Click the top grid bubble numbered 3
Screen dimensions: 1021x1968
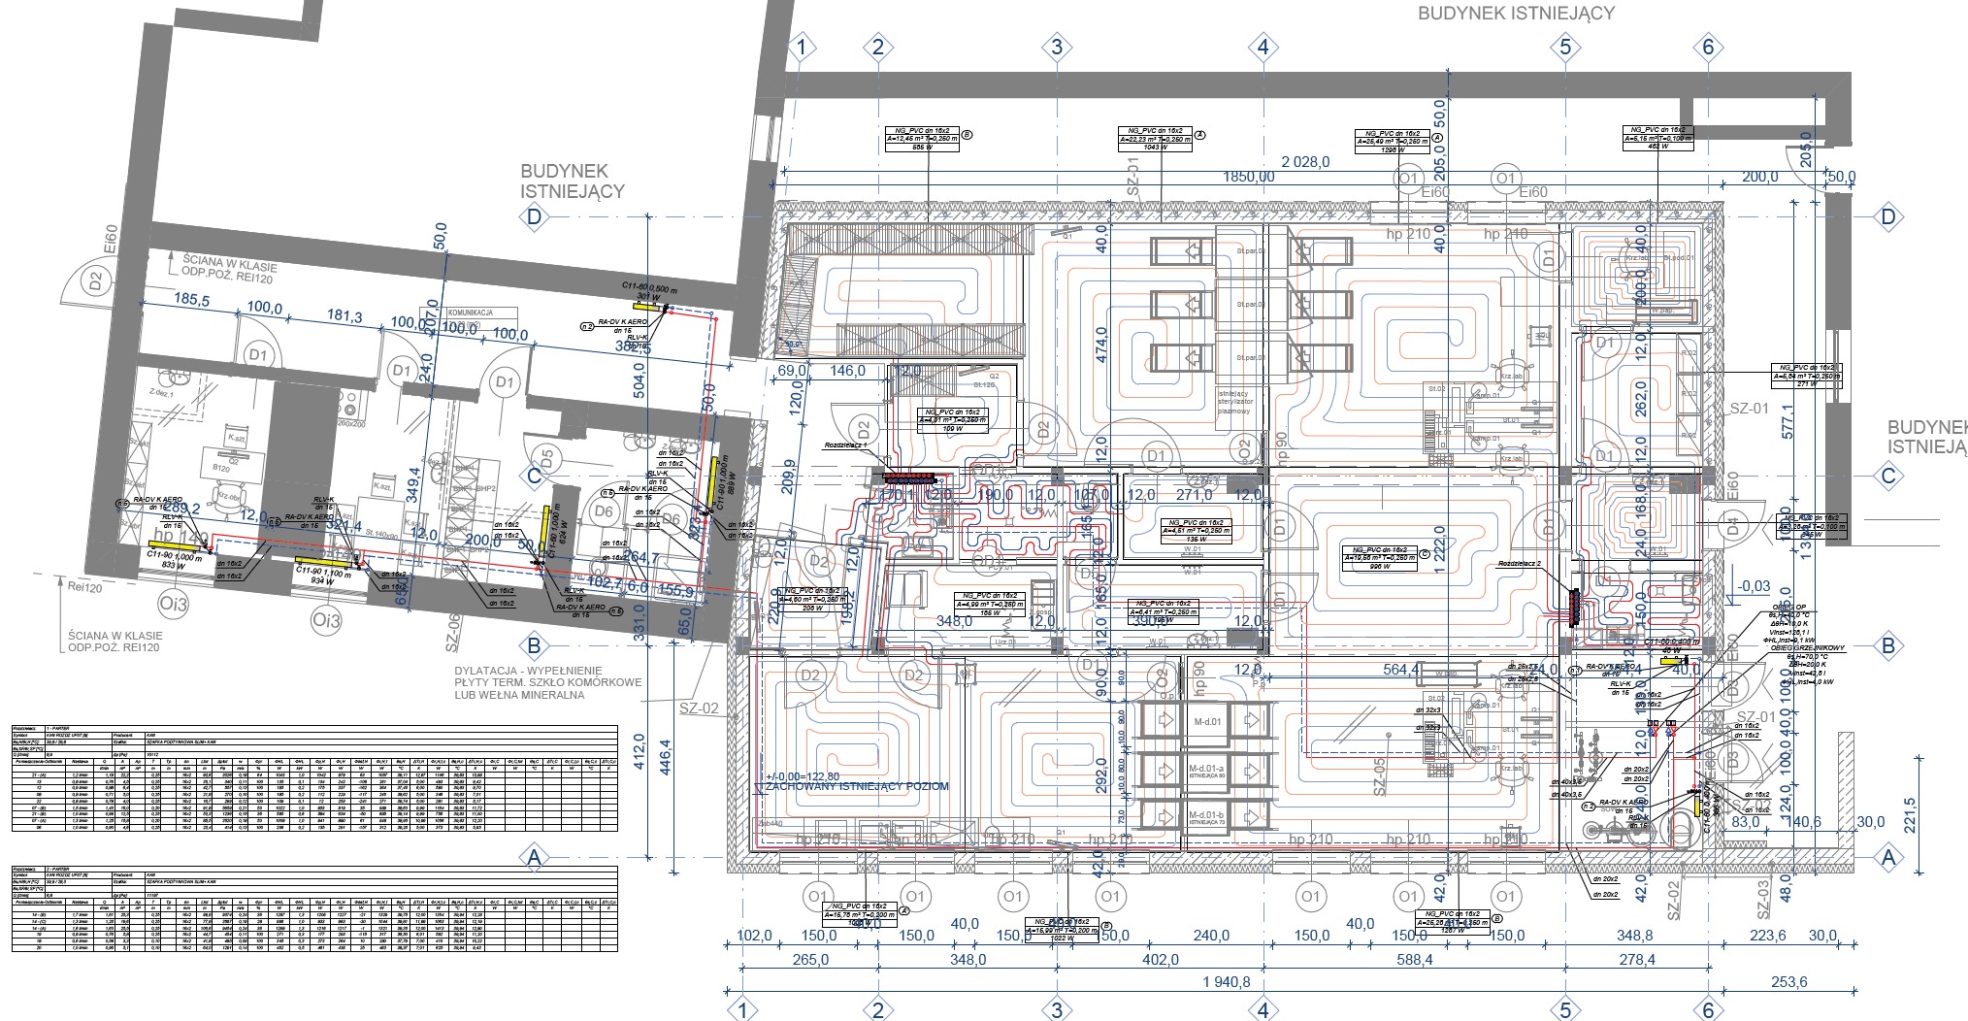pyautogui.click(x=1057, y=46)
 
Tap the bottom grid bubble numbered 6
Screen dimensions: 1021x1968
pyautogui.click(x=1708, y=1010)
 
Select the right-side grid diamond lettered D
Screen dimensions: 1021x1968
pyautogui.click(x=1887, y=216)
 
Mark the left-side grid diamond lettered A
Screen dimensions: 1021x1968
pyautogui.click(x=532, y=857)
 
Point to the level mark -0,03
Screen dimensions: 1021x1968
pyautogui.click(x=1755, y=586)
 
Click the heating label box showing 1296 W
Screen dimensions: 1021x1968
pyautogui.click(x=1393, y=140)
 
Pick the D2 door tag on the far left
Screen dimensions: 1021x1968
pyautogui.click(x=95, y=281)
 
